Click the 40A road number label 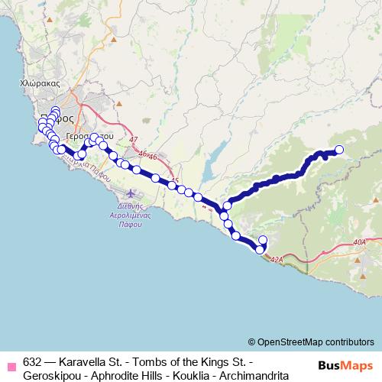(361, 242)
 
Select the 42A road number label (277, 260)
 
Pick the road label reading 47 (134, 140)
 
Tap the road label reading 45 (175, 181)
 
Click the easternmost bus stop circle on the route (339, 150)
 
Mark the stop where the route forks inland (227, 206)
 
